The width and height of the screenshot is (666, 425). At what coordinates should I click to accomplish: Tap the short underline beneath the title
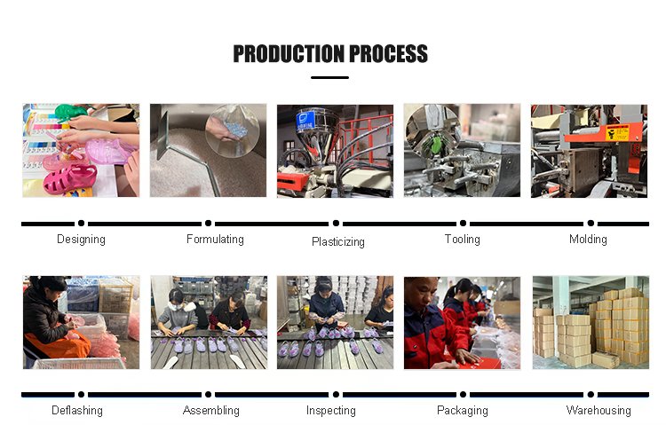(329, 78)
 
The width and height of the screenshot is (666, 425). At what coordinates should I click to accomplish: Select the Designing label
(81, 240)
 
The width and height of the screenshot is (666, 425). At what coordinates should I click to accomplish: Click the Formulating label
(215, 239)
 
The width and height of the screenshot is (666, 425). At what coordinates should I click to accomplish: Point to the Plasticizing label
(338, 242)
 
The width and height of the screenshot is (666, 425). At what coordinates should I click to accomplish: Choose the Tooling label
(463, 240)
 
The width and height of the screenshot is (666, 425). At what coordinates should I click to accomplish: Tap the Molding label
(588, 240)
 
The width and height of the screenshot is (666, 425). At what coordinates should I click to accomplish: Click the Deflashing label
(77, 411)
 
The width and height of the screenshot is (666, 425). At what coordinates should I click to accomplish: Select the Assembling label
(211, 411)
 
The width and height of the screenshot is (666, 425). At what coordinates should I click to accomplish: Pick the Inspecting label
(331, 411)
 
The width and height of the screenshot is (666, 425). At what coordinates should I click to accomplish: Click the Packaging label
(463, 411)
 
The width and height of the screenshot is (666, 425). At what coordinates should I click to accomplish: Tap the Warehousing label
(599, 410)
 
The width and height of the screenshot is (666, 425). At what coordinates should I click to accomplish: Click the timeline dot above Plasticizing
(336, 224)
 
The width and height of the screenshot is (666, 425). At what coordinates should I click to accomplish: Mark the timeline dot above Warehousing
(591, 395)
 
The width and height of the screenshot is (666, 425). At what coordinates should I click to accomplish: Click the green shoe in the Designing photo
(71, 112)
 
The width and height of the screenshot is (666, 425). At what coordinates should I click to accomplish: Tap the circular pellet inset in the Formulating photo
(232, 130)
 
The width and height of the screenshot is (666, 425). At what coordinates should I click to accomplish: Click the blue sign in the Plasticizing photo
(305, 119)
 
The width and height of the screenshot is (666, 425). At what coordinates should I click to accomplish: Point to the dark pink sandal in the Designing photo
(70, 179)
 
